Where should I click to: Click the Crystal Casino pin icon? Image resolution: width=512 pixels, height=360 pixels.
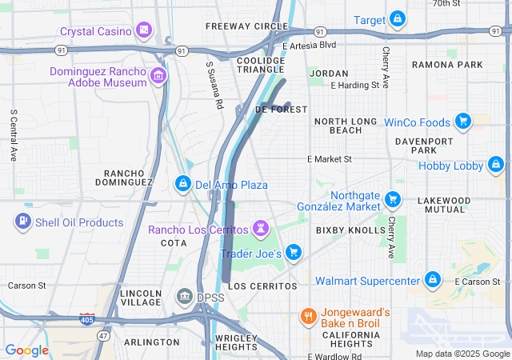pyautogui.click(x=144, y=31)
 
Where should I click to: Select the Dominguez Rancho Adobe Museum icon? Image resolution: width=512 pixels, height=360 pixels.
pyautogui.click(x=158, y=77)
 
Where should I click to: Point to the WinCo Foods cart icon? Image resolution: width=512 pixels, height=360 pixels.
pyautogui.click(x=462, y=122)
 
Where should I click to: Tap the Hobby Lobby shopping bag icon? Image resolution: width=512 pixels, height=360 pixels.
pyautogui.click(x=495, y=166)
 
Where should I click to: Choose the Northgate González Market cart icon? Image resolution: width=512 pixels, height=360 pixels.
pyautogui.click(x=392, y=199)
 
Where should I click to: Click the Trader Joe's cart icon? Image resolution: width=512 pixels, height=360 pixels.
pyautogui.click(x=294, y=253)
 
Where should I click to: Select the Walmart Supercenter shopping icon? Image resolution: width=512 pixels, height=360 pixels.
pyautogui.click(x=433, y=280)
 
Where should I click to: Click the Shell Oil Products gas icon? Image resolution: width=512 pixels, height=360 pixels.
pyautogui.click(x=23, y=222)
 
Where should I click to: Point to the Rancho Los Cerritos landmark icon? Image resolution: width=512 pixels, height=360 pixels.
pyautogui.click(x=259, y=230)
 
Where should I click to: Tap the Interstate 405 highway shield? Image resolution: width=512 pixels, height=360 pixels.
pyautogui.click(x=87, y=319)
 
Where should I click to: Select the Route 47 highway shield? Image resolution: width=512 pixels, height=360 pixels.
pyautogui.click(x=103, y=336)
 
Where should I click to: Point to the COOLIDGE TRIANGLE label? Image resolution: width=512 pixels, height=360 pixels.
pyautogui.click(x=261, y=66)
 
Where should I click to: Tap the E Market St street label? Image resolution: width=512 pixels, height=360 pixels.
pyautogui.click(x=330, y=159)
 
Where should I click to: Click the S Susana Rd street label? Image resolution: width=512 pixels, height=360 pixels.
pyautogui.click(x=213, y=86)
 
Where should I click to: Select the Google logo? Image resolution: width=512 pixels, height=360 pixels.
pyautogui.click(x=26, y=350)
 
